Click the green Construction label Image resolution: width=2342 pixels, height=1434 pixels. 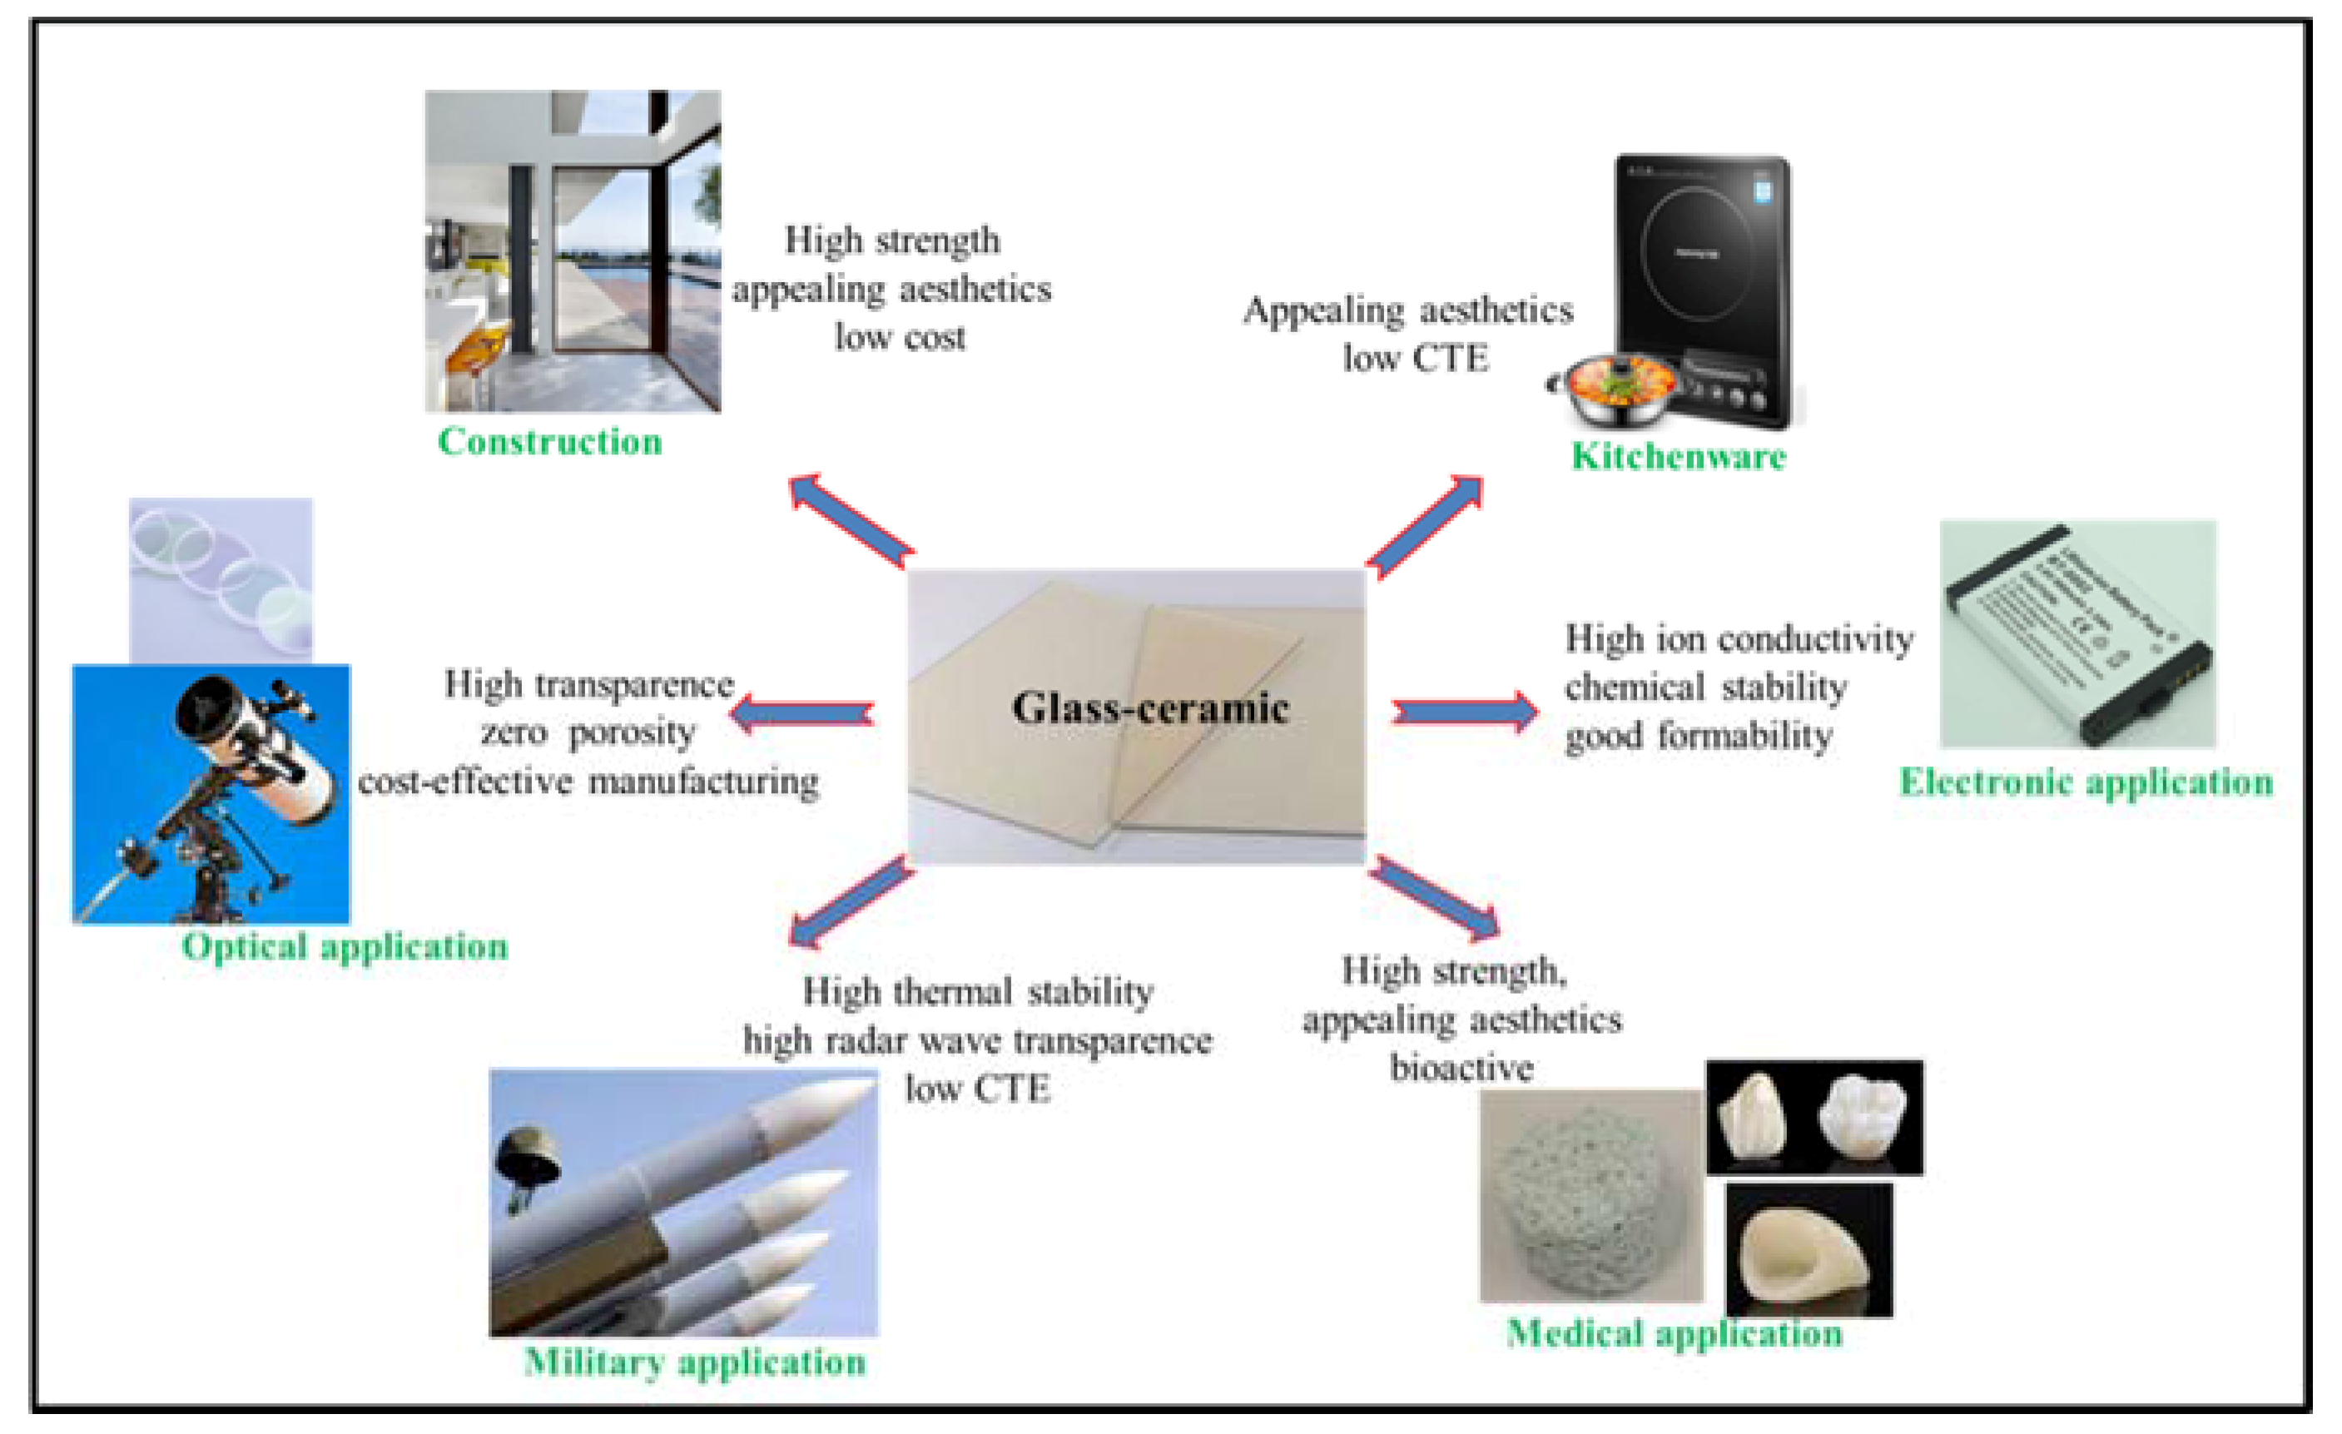click(549, 442)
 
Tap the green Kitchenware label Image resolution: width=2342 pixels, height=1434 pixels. click(1679, 457)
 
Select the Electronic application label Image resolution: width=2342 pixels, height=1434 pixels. click(2086, 782)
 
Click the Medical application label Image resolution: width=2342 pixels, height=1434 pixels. click(1674, 1333)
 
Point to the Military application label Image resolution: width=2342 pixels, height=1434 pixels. click(695, 1362)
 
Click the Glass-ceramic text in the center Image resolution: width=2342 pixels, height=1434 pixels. click(1150, 708)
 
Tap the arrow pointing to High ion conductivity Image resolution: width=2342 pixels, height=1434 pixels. click(1465, 712)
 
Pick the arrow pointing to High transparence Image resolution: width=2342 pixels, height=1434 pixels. click(803, 712)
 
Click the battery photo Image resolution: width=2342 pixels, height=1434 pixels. click(2078, 634)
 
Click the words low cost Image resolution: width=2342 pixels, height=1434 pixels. click(899, 337)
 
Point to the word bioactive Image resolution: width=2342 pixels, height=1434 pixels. click(1461, 1068)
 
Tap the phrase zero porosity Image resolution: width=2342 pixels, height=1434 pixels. click(588, 732)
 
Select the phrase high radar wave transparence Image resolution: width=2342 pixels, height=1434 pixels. click(977, 1040)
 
